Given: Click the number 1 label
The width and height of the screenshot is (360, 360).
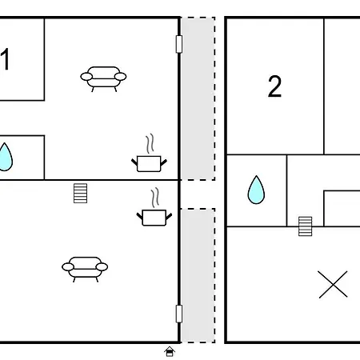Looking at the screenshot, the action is click(5, 59).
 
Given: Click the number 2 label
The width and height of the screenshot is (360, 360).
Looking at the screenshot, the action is click(274, 86).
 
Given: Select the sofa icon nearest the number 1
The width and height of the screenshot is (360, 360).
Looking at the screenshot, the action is click(103, 79).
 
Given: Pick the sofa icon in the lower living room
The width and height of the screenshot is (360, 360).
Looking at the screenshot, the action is click(85, 270).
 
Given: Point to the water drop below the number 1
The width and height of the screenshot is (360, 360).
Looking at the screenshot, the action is click(6, 157).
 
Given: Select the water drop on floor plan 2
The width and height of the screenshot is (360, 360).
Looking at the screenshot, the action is click(256, 190).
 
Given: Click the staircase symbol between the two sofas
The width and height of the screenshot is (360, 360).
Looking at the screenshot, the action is click(80, 193).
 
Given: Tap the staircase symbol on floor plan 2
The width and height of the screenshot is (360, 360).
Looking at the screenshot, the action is click(305, 226).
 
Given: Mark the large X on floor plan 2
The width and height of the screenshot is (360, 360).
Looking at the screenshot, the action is click(333, 284).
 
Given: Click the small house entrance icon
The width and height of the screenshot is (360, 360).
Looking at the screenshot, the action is click(170, 351).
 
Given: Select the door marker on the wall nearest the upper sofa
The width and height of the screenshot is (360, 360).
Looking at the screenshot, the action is click(179, 44).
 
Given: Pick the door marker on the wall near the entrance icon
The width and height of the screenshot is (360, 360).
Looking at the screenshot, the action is click(179, 314).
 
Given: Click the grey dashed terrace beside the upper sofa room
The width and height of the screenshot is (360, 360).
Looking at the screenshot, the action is click(198, 98).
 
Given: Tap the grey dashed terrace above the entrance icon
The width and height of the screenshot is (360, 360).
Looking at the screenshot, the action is click(198, 275).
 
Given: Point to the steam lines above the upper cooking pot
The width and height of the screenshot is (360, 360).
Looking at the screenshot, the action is click(150, 143).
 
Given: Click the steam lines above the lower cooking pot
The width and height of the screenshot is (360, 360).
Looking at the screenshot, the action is click(155, 198).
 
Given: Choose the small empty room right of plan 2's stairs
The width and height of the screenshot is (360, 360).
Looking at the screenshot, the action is click(342, 209).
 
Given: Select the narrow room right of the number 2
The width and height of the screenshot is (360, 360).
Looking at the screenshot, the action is click(342, 86).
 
